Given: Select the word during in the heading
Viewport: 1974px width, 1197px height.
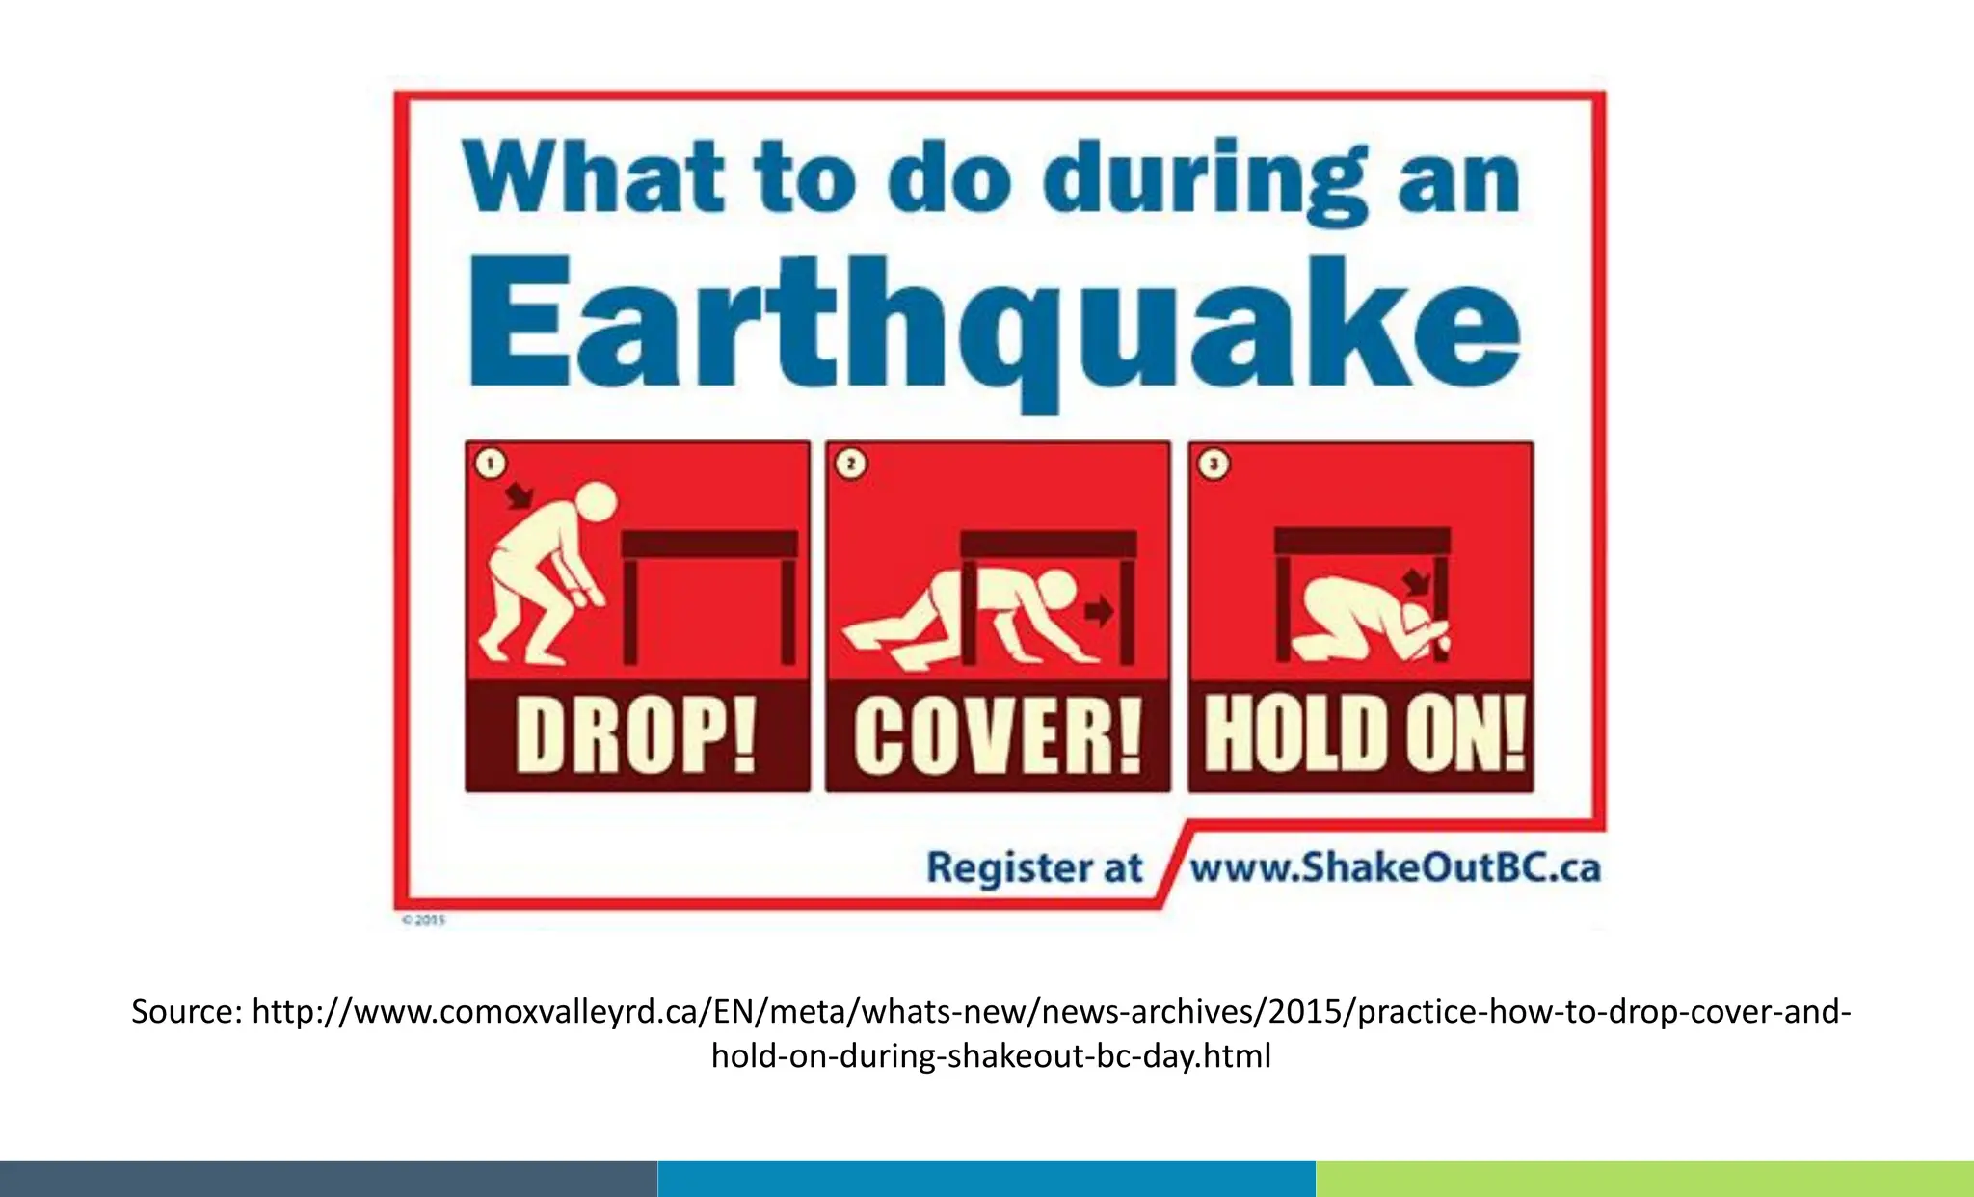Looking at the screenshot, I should tap(1205, 180).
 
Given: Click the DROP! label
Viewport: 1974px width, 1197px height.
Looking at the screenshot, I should tap(636, 735).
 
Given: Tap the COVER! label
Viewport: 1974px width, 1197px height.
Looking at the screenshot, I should tap(998, 735).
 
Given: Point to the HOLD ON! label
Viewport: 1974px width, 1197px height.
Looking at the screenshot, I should tap(1363, 735).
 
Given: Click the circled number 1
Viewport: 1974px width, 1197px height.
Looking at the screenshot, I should tap(491, 465).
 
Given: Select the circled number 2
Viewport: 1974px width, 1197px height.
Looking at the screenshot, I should tap(850, 465).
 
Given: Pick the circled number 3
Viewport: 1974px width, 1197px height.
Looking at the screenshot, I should tap(1214, 465).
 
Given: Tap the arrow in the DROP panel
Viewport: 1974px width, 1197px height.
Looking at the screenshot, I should tap(520, 495).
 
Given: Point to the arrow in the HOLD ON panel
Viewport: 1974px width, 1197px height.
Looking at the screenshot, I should tap(1416, 581).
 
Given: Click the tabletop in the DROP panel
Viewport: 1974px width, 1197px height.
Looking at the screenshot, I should tap(710, 544).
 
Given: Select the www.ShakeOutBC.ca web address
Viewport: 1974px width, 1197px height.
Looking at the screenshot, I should tap(1394, 867).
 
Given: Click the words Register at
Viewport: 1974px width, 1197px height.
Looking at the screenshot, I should tap(1033, 867).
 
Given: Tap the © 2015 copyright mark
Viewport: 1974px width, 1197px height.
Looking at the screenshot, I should tap(423, 920).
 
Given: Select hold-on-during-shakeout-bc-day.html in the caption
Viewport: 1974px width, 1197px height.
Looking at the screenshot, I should tap(991, 1056).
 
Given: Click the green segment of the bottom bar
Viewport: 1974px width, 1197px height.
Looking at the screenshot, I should tap(1644, 1179).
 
